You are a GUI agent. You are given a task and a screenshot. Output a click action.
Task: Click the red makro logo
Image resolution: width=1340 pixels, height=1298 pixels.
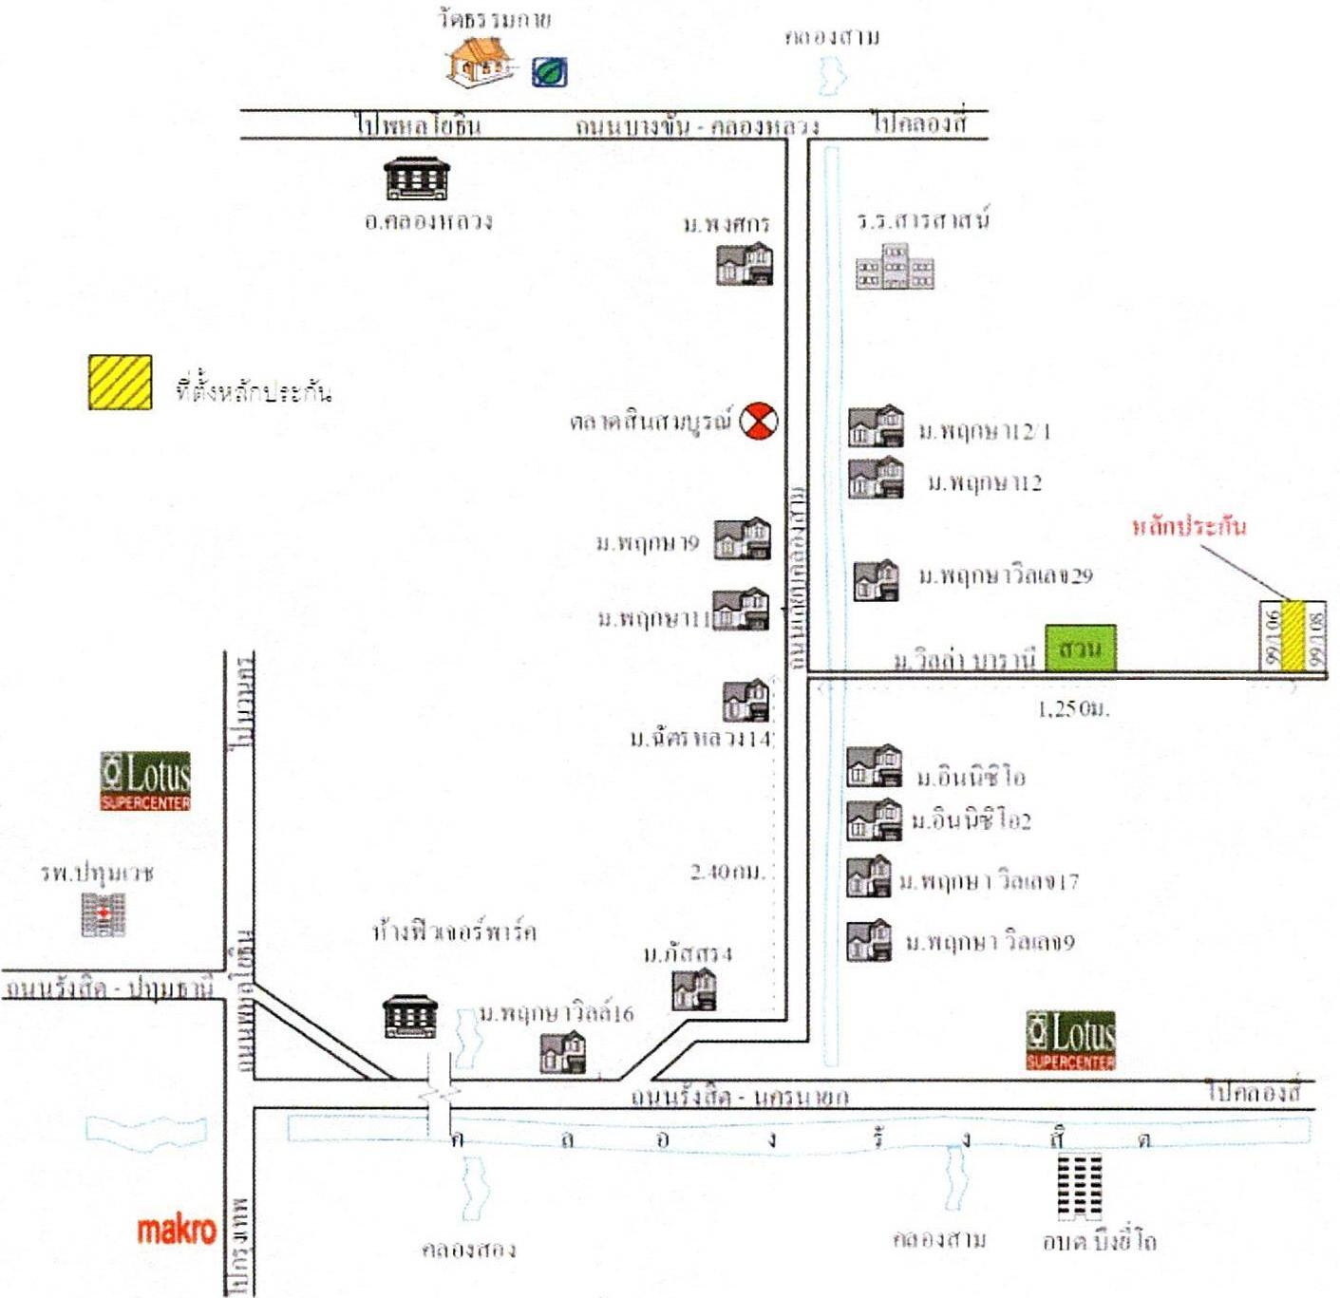178,1230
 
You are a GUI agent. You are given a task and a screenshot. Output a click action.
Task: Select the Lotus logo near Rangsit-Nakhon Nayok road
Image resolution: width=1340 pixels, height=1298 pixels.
1071,1040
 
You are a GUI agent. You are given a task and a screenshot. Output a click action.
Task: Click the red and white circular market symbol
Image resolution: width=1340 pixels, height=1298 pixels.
759,421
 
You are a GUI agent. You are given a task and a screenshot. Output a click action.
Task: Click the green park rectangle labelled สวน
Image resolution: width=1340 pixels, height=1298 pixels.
1080,649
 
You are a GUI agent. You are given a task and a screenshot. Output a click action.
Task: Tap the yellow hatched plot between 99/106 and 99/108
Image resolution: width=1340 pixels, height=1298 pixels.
1293,635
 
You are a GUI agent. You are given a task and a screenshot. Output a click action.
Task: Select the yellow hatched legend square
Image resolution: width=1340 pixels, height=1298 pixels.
121,382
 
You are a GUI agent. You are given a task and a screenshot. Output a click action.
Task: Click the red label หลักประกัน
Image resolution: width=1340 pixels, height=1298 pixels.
1189,526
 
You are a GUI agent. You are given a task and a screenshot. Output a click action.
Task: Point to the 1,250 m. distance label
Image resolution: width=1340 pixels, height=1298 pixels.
1074,708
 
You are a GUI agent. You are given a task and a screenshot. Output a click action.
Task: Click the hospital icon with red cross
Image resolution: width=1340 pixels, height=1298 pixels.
104,914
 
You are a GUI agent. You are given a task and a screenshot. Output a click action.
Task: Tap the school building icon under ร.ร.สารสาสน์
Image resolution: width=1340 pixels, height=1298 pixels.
896,267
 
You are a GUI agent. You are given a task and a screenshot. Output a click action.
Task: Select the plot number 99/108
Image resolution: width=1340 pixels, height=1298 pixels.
1316,637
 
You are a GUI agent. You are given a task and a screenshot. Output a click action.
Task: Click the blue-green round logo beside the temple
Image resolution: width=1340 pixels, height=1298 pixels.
549,72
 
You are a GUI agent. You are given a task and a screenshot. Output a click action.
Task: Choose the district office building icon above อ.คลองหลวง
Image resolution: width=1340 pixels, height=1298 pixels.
417,179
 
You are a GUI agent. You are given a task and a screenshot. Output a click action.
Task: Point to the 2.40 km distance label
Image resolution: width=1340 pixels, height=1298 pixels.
727,872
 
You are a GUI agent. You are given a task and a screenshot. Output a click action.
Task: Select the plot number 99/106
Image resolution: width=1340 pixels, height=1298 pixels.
1272,637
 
